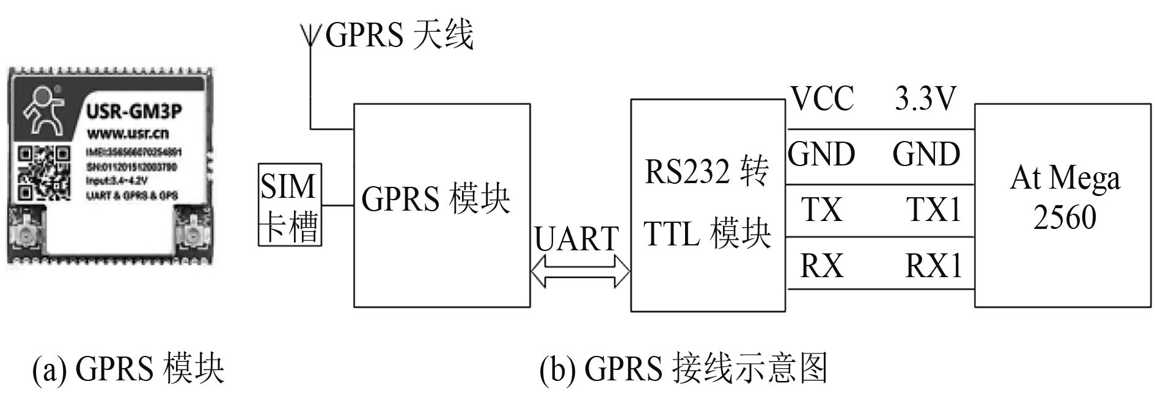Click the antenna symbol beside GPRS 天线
tap(310, 35)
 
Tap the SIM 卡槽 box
tap(290, 205)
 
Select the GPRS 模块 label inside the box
tap(436, 199)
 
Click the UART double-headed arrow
tap(580, 271)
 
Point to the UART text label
tap(576, 239)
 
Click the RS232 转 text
tap(706, 173)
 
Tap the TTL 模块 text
tap(706, 234)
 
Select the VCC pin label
tap(822, 99)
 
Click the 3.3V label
tap(924, 99)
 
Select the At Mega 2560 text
tap(1065, 197)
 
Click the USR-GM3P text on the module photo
tap(133, 112)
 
